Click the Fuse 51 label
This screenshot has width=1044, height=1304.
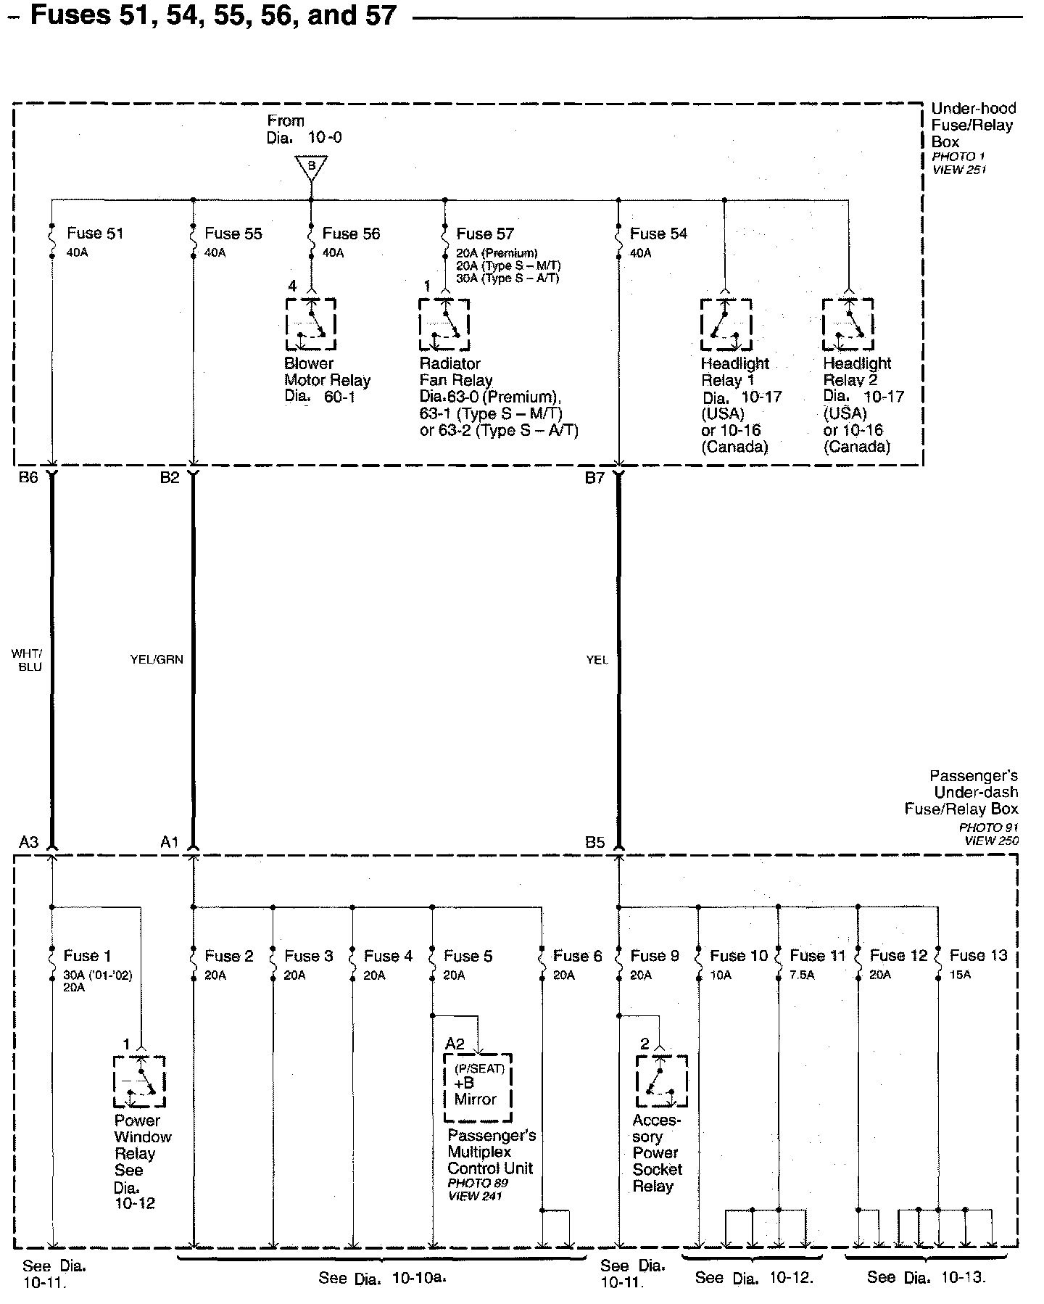point(95,234)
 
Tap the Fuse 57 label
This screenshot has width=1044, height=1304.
point(485,234)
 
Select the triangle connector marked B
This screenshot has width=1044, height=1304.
point(311,168)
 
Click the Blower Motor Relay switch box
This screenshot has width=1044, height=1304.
point(311,323)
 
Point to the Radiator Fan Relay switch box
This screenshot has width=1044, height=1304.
point(444,323)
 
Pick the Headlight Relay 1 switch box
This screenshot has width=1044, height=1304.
point(726,324)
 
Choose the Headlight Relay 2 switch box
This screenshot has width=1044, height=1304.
point(848,324)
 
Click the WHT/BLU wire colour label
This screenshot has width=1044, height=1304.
point(27,660)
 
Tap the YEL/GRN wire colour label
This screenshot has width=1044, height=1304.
point(157,659)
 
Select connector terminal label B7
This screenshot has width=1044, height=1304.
point(594,479)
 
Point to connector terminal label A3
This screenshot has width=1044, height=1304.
point(29,842)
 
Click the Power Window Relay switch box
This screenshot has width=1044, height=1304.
point(139,1081)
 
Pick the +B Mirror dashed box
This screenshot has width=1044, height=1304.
point(478,1087)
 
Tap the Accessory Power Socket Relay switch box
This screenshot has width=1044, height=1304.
point(661,1081)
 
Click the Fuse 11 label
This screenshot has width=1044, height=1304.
point(818,956)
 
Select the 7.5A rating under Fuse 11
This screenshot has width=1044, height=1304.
point(802,975)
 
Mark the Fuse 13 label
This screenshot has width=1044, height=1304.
point(978,956)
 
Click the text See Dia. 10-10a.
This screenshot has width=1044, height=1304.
point(382,1278)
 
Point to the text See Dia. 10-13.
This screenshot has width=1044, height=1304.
point(927,1276)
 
